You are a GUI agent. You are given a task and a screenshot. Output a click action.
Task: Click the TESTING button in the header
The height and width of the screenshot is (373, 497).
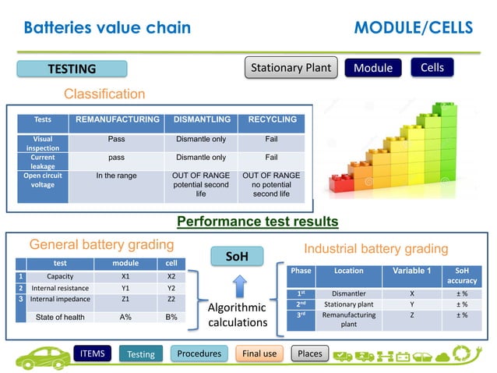pos(72,69)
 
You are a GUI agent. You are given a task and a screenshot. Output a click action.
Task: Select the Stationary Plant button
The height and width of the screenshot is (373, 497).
pos(291,68)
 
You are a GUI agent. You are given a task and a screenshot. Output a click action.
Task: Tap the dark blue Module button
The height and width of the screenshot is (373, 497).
pos(373,68)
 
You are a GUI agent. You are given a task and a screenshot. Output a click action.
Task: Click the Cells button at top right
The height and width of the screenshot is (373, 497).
pos(432,68)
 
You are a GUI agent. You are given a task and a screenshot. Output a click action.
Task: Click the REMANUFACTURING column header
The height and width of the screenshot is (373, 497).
pos(116,120)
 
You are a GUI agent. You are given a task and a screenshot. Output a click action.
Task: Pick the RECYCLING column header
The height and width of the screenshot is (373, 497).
pos(272,120)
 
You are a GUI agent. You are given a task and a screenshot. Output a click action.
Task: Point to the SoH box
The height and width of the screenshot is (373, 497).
pos(237,256)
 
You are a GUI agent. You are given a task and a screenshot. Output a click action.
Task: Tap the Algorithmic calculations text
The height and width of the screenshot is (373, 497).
pos(238,314)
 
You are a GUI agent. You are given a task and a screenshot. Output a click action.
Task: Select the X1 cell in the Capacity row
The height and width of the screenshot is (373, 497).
pos(125,276)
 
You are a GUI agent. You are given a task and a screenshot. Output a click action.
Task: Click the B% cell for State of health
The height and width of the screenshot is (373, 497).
pos(171,317)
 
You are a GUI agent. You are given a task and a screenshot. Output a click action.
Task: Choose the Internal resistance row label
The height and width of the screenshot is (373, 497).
pos(60,287)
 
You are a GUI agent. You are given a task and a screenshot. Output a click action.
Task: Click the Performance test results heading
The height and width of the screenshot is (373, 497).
pos(258,222)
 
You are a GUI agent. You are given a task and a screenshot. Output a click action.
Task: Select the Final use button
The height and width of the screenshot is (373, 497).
pos(259,353)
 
